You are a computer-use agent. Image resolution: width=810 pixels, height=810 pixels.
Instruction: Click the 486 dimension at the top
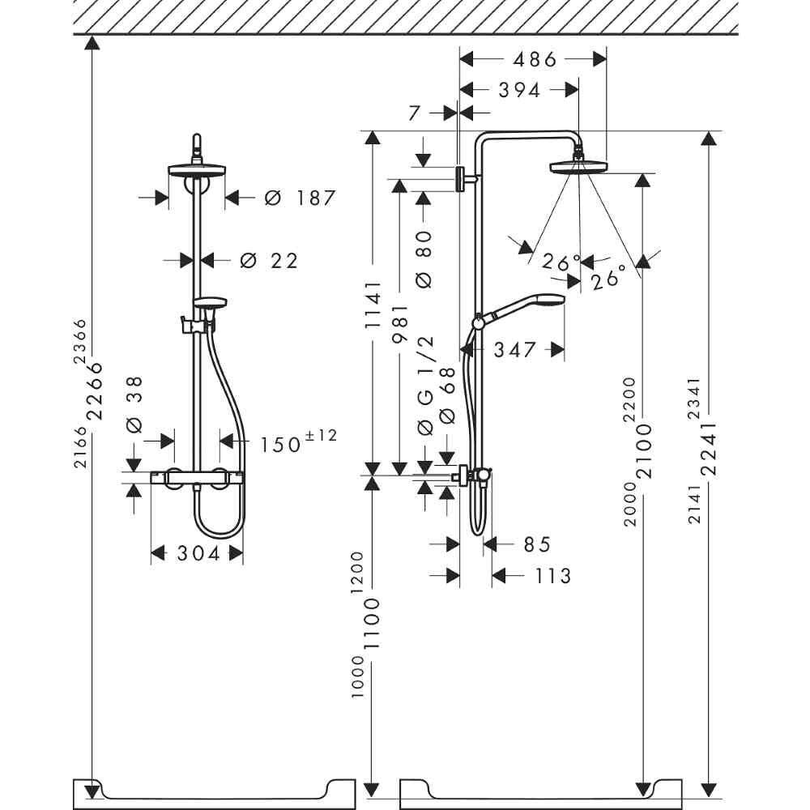tap(535, 60)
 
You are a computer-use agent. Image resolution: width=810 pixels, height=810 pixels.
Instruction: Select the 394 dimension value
tap(519, 91)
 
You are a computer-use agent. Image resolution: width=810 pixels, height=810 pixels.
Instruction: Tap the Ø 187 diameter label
tap(300, 198)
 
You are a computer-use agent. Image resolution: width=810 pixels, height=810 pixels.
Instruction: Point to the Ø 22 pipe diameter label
tap(269, 261)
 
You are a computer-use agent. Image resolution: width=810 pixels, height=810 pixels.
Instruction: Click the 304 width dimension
tap(198, 554)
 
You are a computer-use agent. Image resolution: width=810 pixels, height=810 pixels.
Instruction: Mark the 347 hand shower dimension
tap(514, 350)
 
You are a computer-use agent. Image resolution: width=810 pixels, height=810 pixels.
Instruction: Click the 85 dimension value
tap(537, 544)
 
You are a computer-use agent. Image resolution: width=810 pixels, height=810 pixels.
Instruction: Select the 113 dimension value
tap(552, 576)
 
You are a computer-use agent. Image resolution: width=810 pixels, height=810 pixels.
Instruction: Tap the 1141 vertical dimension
tap(373, 305)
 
